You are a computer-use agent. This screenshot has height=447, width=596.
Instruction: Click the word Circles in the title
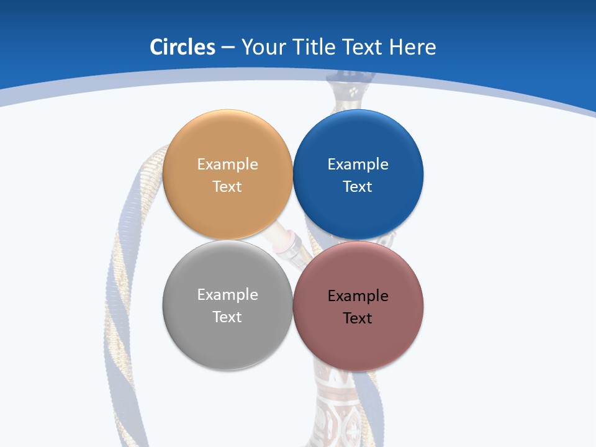(183, 47)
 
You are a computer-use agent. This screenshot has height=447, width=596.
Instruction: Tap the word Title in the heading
(314, 47)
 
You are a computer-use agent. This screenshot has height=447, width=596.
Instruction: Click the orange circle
(227, 137)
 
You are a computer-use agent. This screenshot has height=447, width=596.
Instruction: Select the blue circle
(358, 137)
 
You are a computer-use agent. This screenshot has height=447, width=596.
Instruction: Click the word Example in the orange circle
(227, 165)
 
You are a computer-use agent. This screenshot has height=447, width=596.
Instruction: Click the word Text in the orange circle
(227, 187)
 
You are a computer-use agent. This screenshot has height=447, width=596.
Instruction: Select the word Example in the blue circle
(358, 165)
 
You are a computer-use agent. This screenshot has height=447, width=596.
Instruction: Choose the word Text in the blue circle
(358, 187)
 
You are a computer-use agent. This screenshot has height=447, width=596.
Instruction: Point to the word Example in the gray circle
(227, 295)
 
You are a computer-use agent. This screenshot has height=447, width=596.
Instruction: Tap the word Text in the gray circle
(227, 317)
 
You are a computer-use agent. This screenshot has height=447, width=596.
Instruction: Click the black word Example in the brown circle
(358, 296)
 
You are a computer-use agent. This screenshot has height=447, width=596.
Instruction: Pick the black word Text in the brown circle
(358, 318)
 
